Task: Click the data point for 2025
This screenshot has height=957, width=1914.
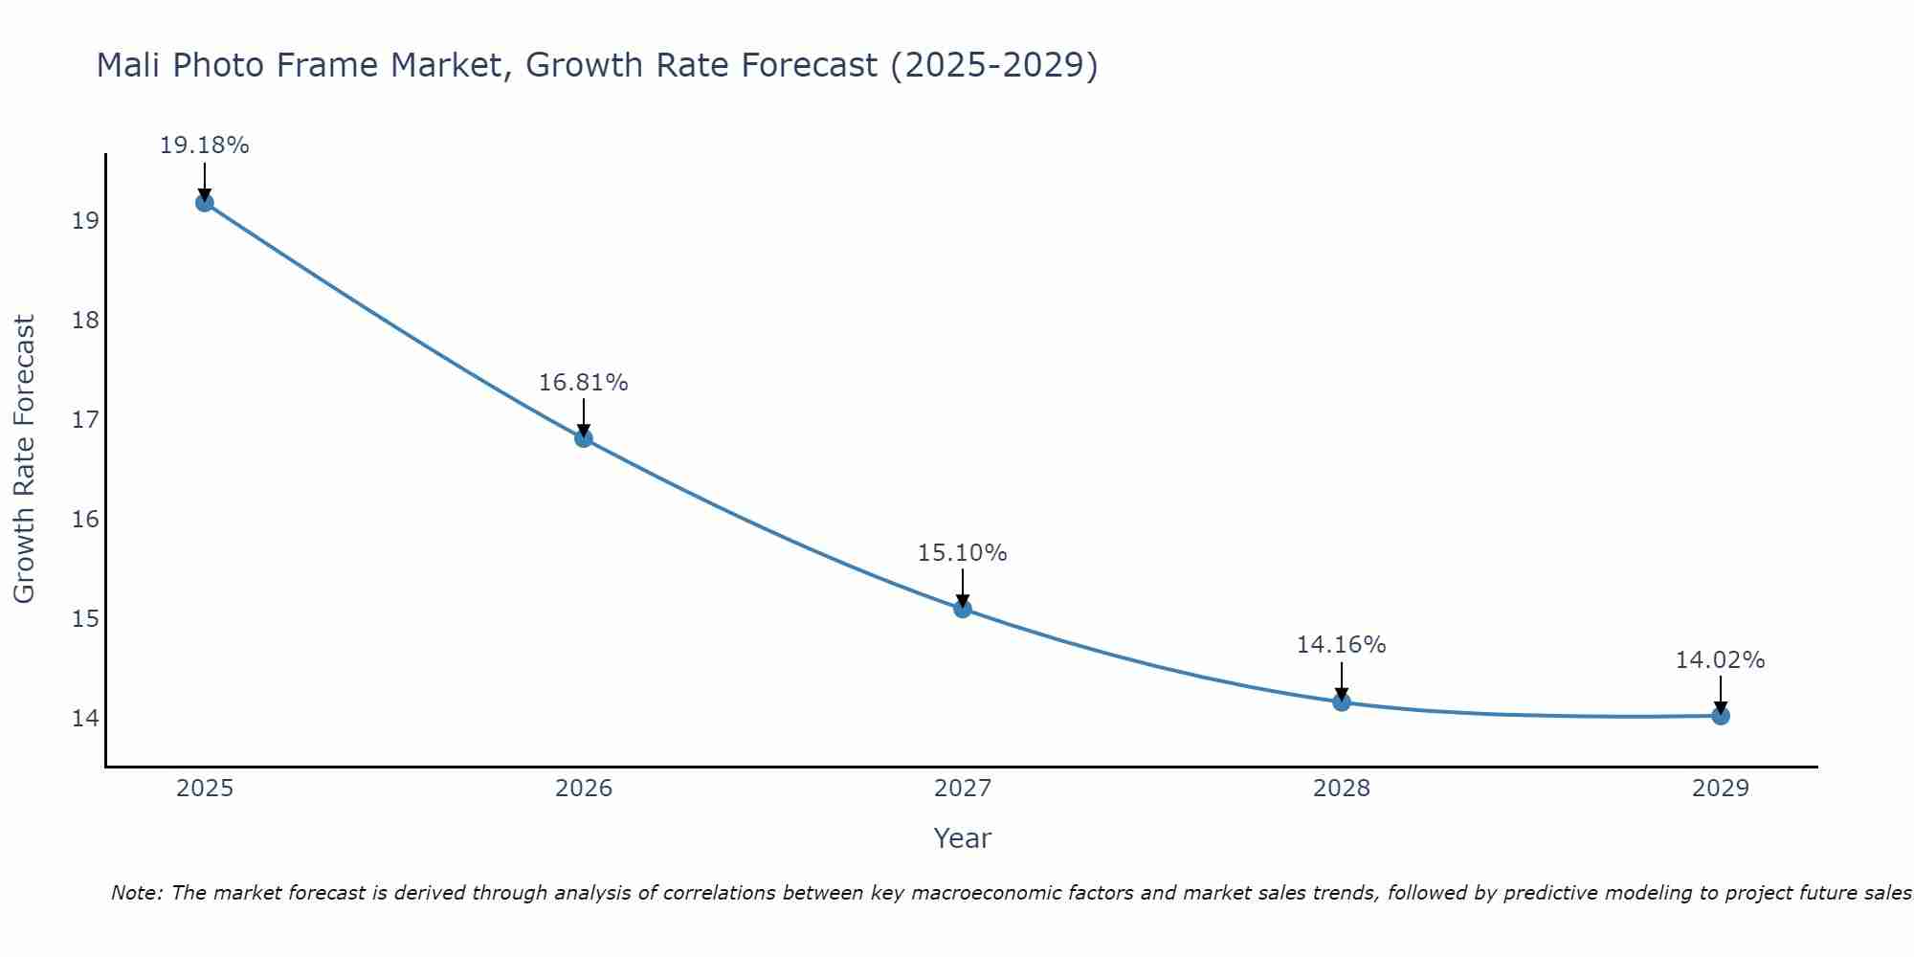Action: (x=205, y=203)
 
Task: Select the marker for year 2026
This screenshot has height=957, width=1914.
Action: (x=584, y=438)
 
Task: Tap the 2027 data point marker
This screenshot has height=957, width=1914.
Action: (x=963, y=609)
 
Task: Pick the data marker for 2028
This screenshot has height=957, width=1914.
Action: (x=1342, y=702)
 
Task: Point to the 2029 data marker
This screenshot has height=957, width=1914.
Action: (x=1721, y=716)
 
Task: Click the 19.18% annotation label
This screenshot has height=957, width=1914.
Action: (x=204, y=145)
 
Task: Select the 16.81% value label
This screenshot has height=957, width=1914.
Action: (x=583, y=383)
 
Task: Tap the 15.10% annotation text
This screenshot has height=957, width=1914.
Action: (x=962, y=553)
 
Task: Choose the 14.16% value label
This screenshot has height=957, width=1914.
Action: (x=1341, y=645)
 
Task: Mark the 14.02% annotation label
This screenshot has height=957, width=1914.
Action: (x=1720, y=660)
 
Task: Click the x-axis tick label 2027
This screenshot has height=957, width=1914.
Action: (x=963, y=789)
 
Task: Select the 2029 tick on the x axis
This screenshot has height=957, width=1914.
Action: (x=1721, y=789)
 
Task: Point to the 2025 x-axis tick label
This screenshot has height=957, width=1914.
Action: (x=205, y=789)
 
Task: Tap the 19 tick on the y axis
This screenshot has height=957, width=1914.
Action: (x=85, y=221)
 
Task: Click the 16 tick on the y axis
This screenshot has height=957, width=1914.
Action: (x=85, y=520)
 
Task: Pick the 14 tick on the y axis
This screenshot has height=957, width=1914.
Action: (x=85, y=718)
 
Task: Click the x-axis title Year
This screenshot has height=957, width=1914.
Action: (x=962, y=838)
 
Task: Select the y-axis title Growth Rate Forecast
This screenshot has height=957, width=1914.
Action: (x=24, y=459)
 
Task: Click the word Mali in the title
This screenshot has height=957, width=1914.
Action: (x=129, y=65)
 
